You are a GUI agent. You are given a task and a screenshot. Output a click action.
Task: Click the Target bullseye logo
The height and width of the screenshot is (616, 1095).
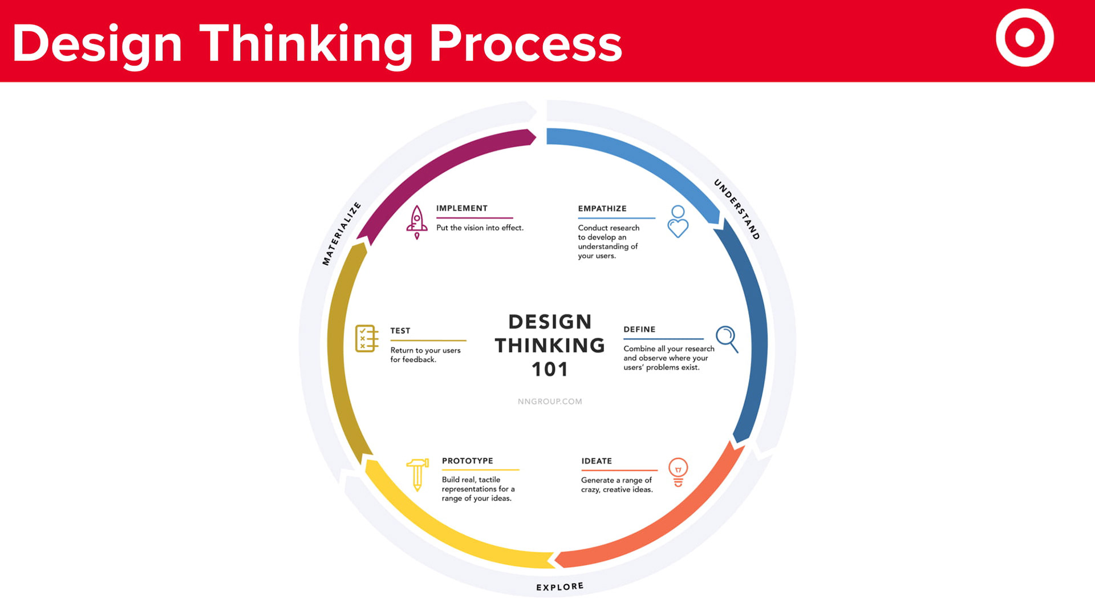pos(1024,38)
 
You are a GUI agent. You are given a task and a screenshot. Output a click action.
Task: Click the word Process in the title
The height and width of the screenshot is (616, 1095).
pos(525,43)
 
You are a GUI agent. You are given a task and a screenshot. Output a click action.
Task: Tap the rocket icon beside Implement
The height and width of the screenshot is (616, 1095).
pos(417,222)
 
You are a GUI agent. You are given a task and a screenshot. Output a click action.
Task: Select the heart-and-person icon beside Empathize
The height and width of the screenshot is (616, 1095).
pos(678,221)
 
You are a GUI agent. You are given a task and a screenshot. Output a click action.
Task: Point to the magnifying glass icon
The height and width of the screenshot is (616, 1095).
pos(727,339)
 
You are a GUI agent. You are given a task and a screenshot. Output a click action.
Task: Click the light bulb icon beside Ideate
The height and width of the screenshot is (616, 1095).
pos(678,472)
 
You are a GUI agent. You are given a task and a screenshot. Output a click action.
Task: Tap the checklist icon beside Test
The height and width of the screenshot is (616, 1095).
pos(367,339)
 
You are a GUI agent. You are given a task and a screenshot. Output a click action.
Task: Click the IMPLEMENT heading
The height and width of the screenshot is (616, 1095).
pos(462,208)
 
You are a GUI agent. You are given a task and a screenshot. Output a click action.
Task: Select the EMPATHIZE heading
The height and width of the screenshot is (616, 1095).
pos(602,209)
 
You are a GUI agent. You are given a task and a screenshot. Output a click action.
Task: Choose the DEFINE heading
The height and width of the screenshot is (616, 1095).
pos(639,330)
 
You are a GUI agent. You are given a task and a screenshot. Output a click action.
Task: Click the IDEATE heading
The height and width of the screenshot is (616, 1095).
pos(597,461)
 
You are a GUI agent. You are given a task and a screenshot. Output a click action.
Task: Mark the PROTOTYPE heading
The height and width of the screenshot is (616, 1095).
pos(468,461)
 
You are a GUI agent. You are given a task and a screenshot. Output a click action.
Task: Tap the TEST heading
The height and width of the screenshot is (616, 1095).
pos(400,331)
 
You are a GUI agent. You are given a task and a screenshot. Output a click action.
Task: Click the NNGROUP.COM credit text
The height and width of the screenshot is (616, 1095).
pos(550,402)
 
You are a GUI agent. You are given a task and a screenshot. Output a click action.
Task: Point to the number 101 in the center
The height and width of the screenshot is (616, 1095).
pos(550,370)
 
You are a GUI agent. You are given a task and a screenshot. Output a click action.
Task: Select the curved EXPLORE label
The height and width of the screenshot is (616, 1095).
pos(560,586)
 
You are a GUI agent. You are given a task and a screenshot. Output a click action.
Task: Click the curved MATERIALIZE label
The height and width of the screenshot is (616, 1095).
pos(341,234)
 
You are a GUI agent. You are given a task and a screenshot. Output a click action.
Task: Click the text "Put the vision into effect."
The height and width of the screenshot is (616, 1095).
pos(480,228)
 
